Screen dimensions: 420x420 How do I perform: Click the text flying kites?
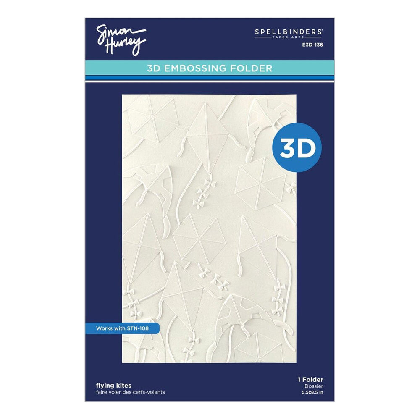(x=108, y=385)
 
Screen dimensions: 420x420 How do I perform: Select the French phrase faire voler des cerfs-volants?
(x=130, y=392)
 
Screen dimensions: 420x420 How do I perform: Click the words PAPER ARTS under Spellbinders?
(x=301, y=37)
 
